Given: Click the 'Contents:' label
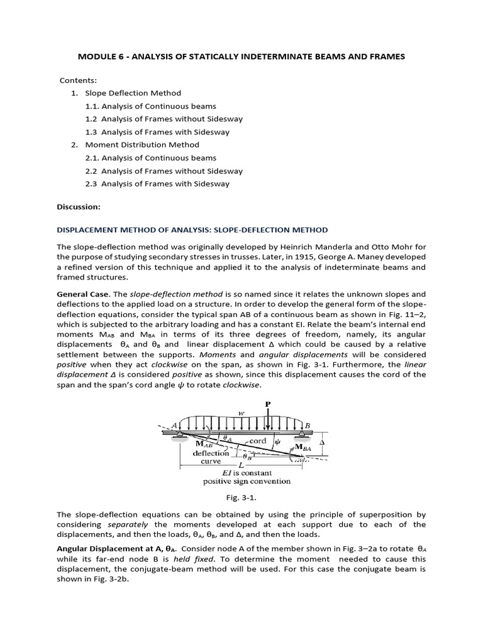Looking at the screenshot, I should pyautogui.click(x=79, y=80).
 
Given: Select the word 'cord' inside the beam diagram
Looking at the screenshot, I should pyautogui.click(x=258, y=441).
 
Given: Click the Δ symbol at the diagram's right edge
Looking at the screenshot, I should pyautogui.click(x=323, y=442).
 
